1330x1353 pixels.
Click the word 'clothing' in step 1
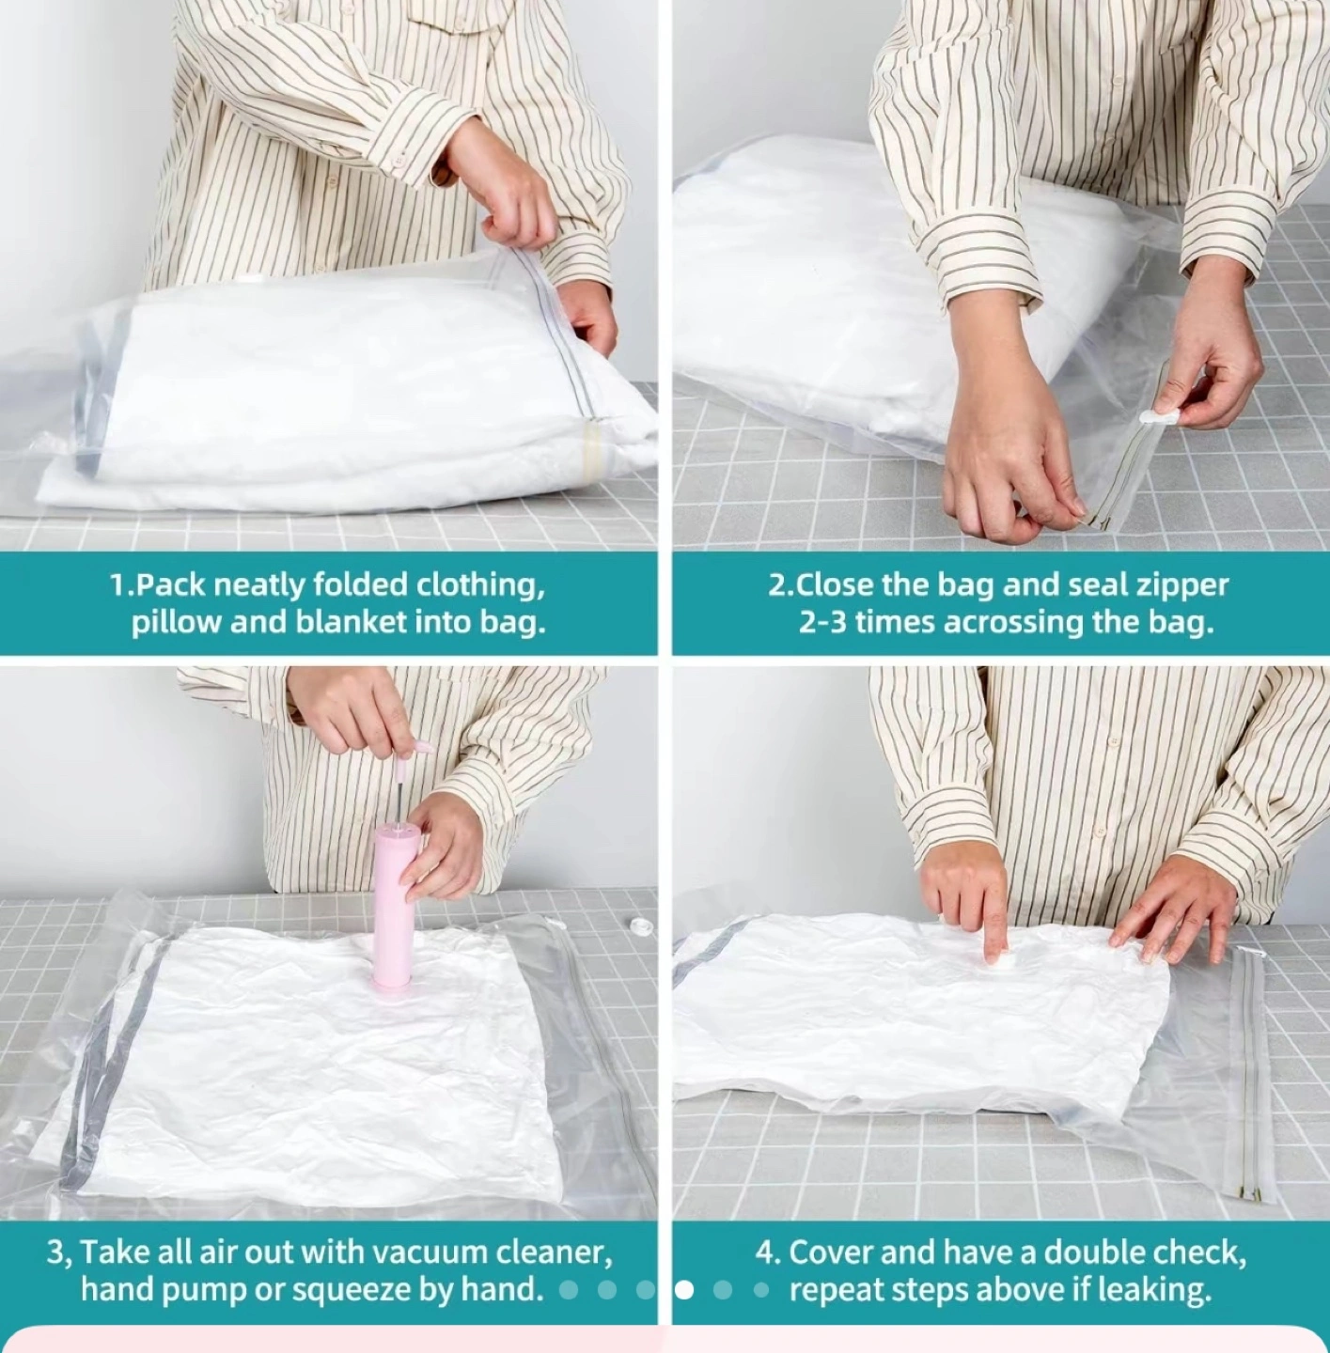[480, 584]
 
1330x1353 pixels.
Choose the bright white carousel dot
[683, 1290]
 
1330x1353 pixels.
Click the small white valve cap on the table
[640, 925]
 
